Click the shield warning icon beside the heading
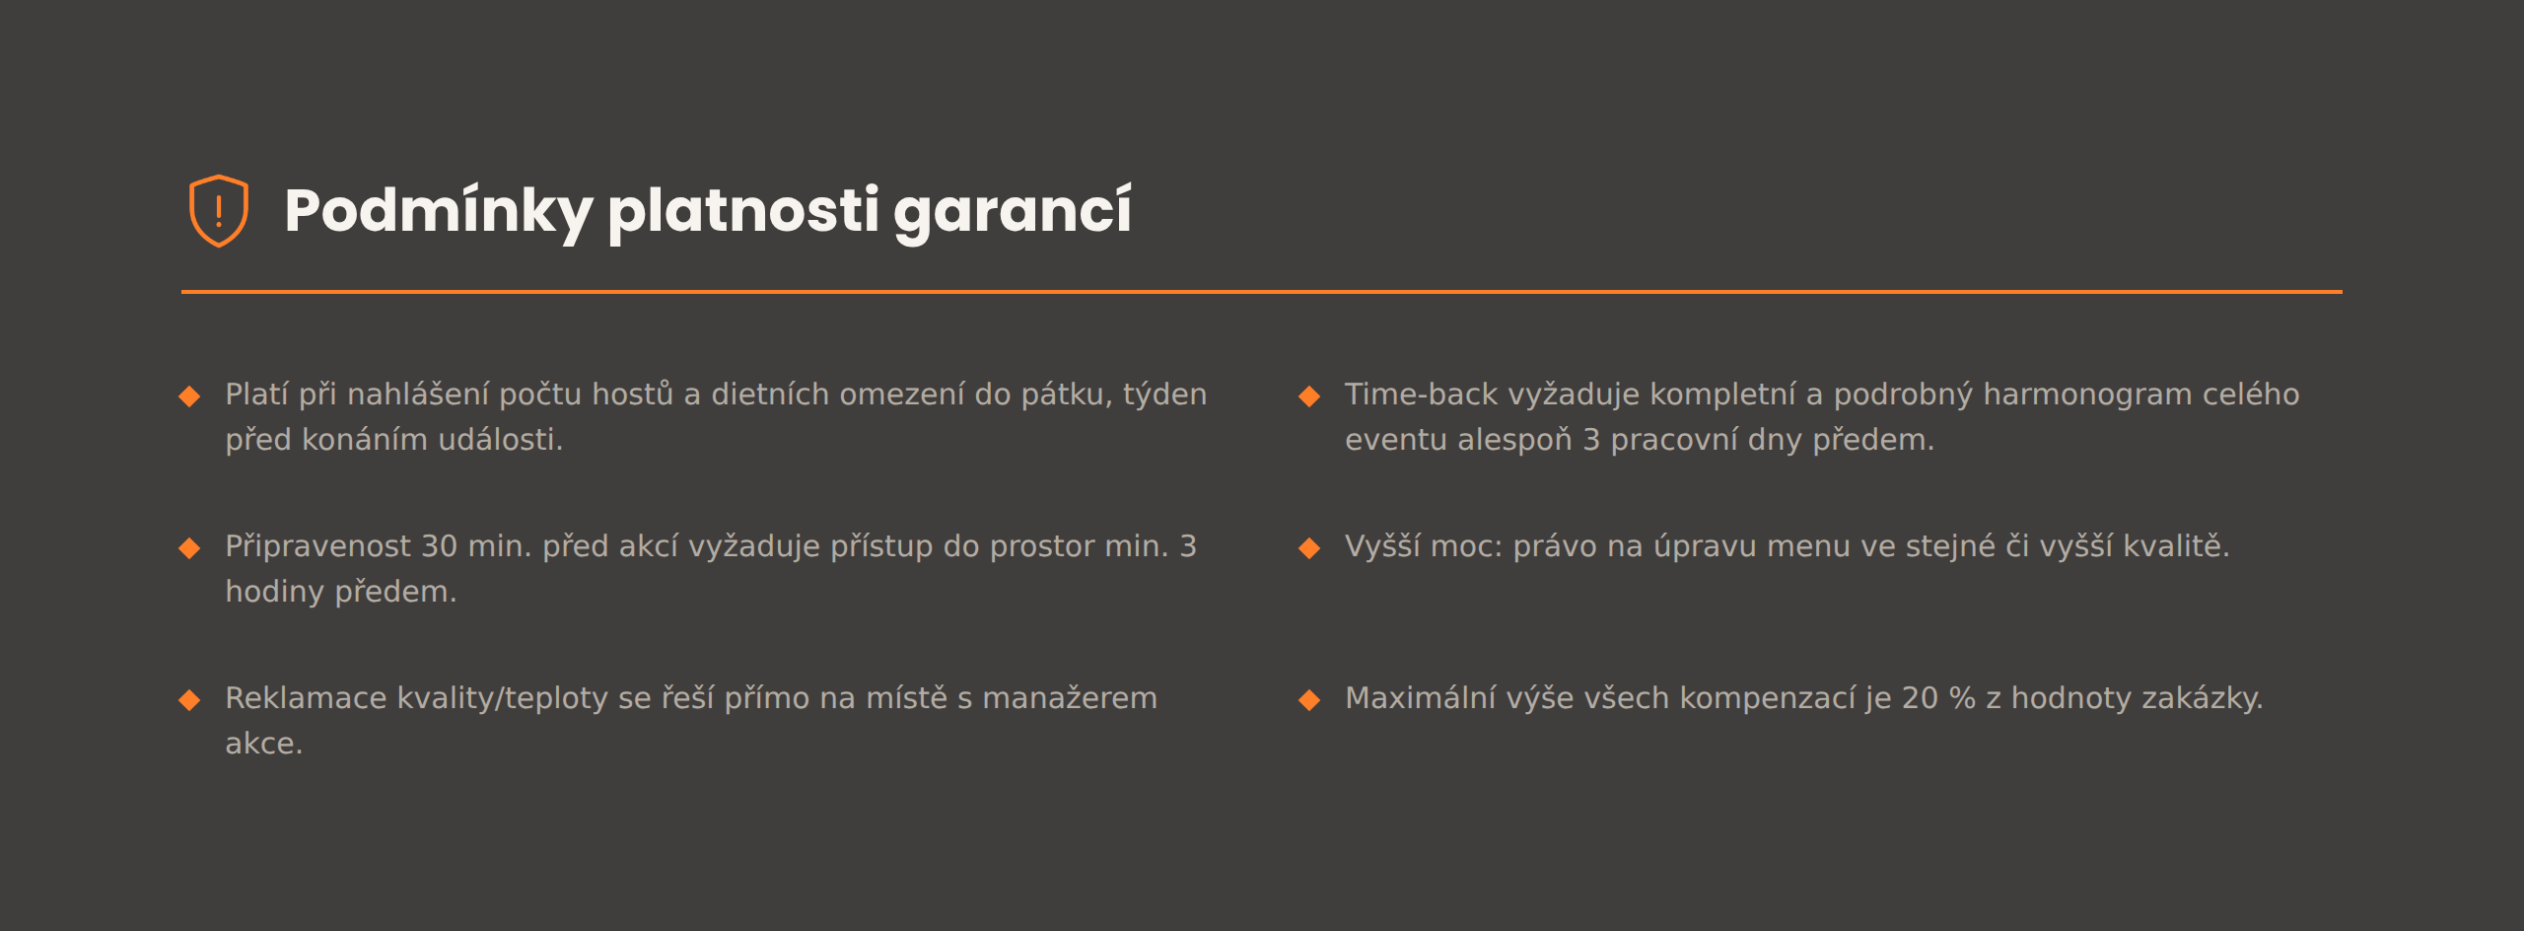coord(218,211)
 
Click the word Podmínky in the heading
coord(439,211)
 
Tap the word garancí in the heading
coord(1013,211)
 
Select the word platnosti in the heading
coord(743,211)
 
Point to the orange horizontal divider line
coord(1262,292)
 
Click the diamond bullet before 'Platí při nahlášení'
coord(189,396)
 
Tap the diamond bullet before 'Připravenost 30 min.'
coord(189,548)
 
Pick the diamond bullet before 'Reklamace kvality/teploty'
coord(189,700)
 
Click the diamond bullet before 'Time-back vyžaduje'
coord(1309,396)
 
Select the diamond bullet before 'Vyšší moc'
coord(1309,548)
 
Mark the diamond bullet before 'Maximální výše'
coord(1309,700)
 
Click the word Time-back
coord(1422,394)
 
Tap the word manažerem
coord(1070,698)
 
